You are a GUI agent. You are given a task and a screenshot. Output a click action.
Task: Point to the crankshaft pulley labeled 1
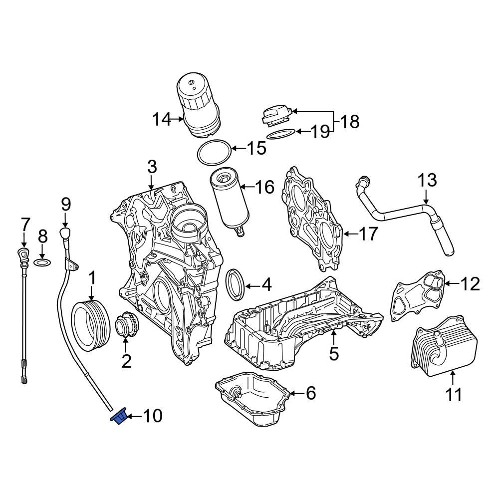click(x=89, y=324)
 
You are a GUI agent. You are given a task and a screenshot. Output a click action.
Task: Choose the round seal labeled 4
click(x=236, y=284)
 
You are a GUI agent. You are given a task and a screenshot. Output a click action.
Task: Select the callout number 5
click(x=333, y=353)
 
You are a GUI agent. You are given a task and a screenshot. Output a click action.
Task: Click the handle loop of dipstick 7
click(x=23, y=253)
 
